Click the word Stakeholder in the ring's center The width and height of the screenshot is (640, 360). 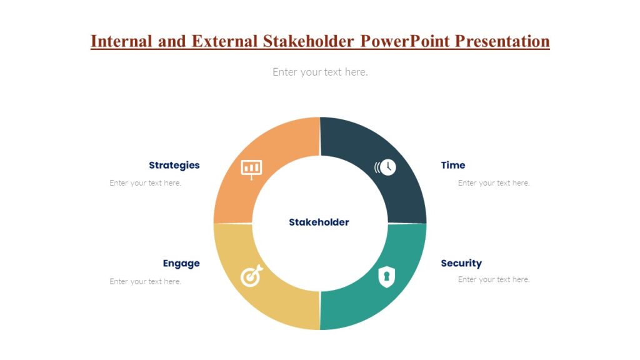[319, 222]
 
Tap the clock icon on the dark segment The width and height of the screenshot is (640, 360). [386, 167]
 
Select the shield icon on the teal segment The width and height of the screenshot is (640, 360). [387, 276]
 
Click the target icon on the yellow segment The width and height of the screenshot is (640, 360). [251, 276]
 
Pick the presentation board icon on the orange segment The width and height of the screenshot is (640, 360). [251, 168]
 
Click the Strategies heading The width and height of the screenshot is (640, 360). [174, 166]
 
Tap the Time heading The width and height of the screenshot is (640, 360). [453, 166]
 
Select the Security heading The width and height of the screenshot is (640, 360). [461, 263]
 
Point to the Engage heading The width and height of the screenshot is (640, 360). [181, 263]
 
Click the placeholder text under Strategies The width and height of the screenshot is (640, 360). [146, 183]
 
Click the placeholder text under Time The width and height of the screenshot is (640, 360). [494, 183]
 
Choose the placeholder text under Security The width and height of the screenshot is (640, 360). [494, 279]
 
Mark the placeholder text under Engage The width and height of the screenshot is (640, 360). [146, 281]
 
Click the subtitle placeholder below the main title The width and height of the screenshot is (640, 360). [320, 72]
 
